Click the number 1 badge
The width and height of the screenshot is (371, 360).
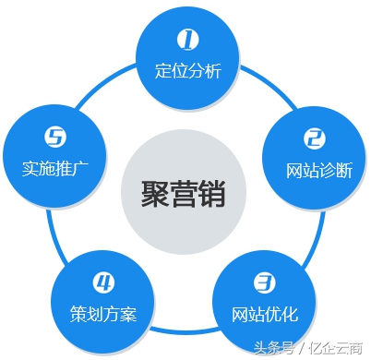188,39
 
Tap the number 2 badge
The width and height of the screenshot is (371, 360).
315,139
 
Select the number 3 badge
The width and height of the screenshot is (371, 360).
264,281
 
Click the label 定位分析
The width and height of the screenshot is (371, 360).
188,71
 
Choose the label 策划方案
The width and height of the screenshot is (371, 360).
103,312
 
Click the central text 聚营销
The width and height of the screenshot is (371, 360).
184,193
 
